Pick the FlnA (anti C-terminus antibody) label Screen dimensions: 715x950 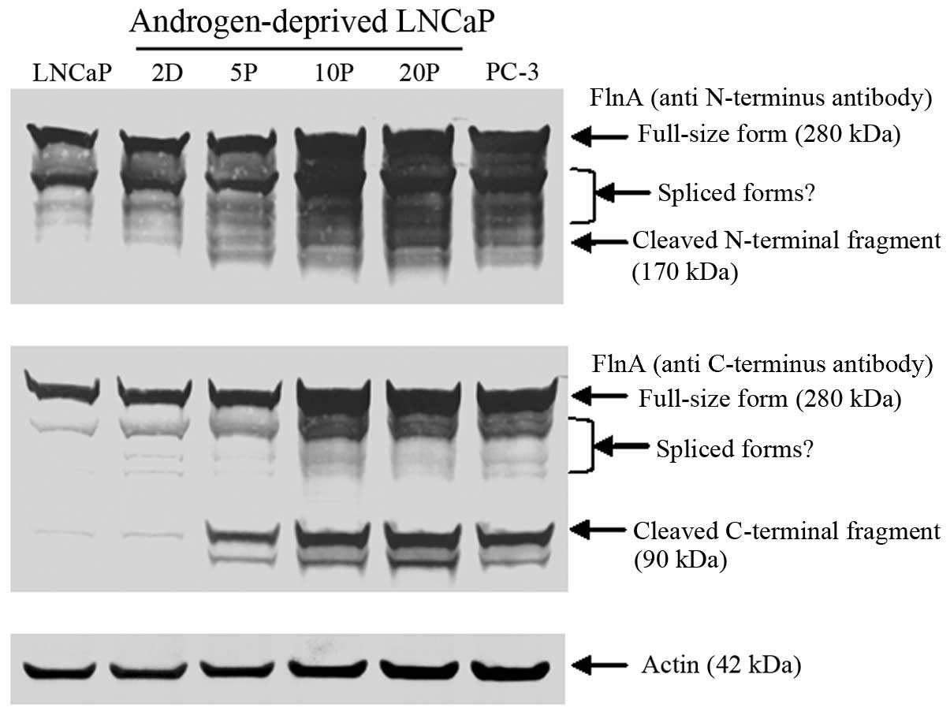(762, 364)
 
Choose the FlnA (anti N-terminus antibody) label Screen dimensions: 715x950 (762, 99)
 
